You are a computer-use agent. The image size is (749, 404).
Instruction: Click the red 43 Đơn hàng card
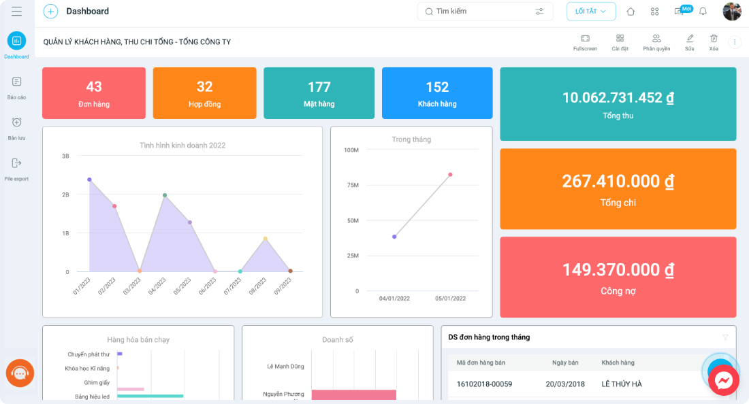tap(94, 93)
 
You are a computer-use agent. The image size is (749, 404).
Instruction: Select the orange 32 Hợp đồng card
tap(204, 93)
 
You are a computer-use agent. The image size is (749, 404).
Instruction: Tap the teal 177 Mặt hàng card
tap(319, 93)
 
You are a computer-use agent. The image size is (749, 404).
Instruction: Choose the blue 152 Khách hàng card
tap(437, 93)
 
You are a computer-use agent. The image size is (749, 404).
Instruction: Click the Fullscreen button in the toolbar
tap(585, 42)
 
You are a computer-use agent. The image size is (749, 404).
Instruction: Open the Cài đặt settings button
tap(620, 42)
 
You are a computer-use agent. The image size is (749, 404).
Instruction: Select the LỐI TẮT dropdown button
tap(591, 12)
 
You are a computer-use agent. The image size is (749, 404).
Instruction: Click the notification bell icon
tap(703, 12)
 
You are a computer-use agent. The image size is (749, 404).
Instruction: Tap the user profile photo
tap(732, 12)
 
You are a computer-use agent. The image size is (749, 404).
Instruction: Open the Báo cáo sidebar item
tap(17, 88)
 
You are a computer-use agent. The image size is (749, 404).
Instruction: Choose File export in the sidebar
tap(17, 169)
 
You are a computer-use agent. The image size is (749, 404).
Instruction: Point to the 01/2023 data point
tap(89, 180)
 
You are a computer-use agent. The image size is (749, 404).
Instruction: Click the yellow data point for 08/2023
tap(265, 239)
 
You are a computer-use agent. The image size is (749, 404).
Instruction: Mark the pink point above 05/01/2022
tap(450, 175)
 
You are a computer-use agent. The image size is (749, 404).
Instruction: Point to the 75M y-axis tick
tap(353, 185)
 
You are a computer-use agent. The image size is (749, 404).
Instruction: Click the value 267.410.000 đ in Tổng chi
tap(618, 181)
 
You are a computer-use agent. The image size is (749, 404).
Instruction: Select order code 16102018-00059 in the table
tap(484, 384)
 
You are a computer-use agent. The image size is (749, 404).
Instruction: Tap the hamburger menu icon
tap(17, 12)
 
